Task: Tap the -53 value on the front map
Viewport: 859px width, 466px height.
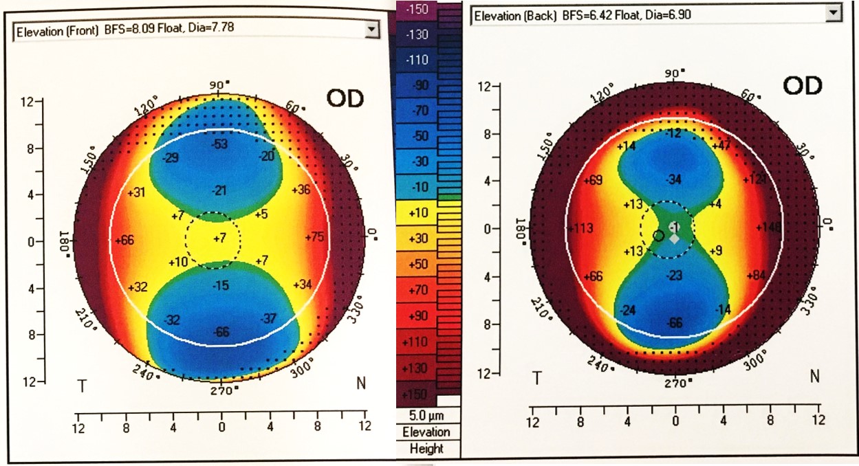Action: pyautogui.click(x=220, y=144)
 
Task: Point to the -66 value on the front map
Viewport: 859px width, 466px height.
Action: pyautogui.click(x=221, y=333)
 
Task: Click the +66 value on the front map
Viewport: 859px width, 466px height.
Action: pyautogui.click(x=124, y=241)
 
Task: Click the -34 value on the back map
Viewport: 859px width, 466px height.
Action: pyautogui.click(x=674, y=179)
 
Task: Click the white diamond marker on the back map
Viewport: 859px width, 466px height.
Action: pyautogui.click(x=675, y=238)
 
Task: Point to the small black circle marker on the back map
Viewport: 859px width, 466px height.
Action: pyautogui.click(x=658, y=235)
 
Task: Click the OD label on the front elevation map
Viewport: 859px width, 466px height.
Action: pyautogui.click(x=345, y=98)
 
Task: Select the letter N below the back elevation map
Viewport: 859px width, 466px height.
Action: pyautogui.click(x=815, y=376)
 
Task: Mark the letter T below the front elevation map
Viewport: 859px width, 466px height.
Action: pyautogui.click(x=82, y=386)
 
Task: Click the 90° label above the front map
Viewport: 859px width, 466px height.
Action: pyautogui.click(x=217, y=86)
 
